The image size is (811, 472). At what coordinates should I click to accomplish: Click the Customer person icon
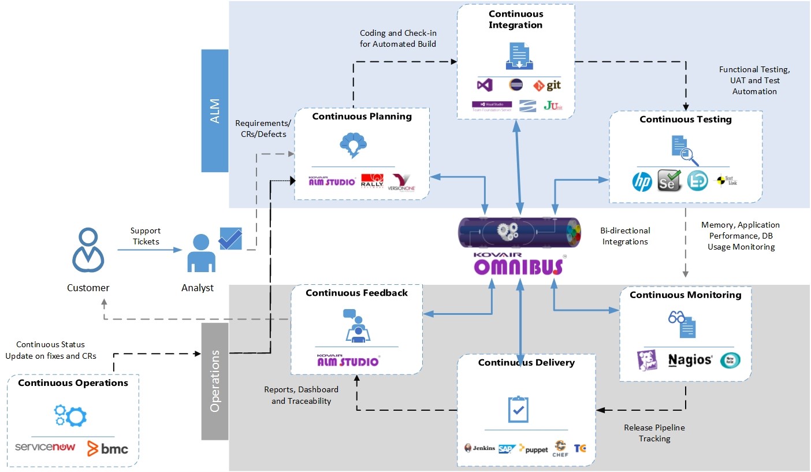point(88,250)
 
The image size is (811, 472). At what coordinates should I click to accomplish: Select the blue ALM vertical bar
point(215,110)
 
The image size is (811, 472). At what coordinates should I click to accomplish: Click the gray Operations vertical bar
point(215,381)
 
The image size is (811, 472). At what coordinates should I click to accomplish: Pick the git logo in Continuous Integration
point(546,86)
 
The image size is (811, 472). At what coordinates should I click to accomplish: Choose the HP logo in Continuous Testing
point(642,182)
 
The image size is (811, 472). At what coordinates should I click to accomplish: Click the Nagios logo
point(690,360)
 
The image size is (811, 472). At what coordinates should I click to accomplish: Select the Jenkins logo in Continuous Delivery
point(479,448)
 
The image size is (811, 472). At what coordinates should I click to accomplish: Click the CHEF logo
point(560,448)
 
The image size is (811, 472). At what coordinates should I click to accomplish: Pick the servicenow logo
point(45,447)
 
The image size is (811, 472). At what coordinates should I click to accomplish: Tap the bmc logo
point(107,448)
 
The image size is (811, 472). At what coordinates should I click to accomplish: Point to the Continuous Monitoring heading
point(685,295)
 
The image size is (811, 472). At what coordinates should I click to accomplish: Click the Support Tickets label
point(146,236)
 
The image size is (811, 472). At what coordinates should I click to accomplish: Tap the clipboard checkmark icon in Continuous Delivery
point(518,409)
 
